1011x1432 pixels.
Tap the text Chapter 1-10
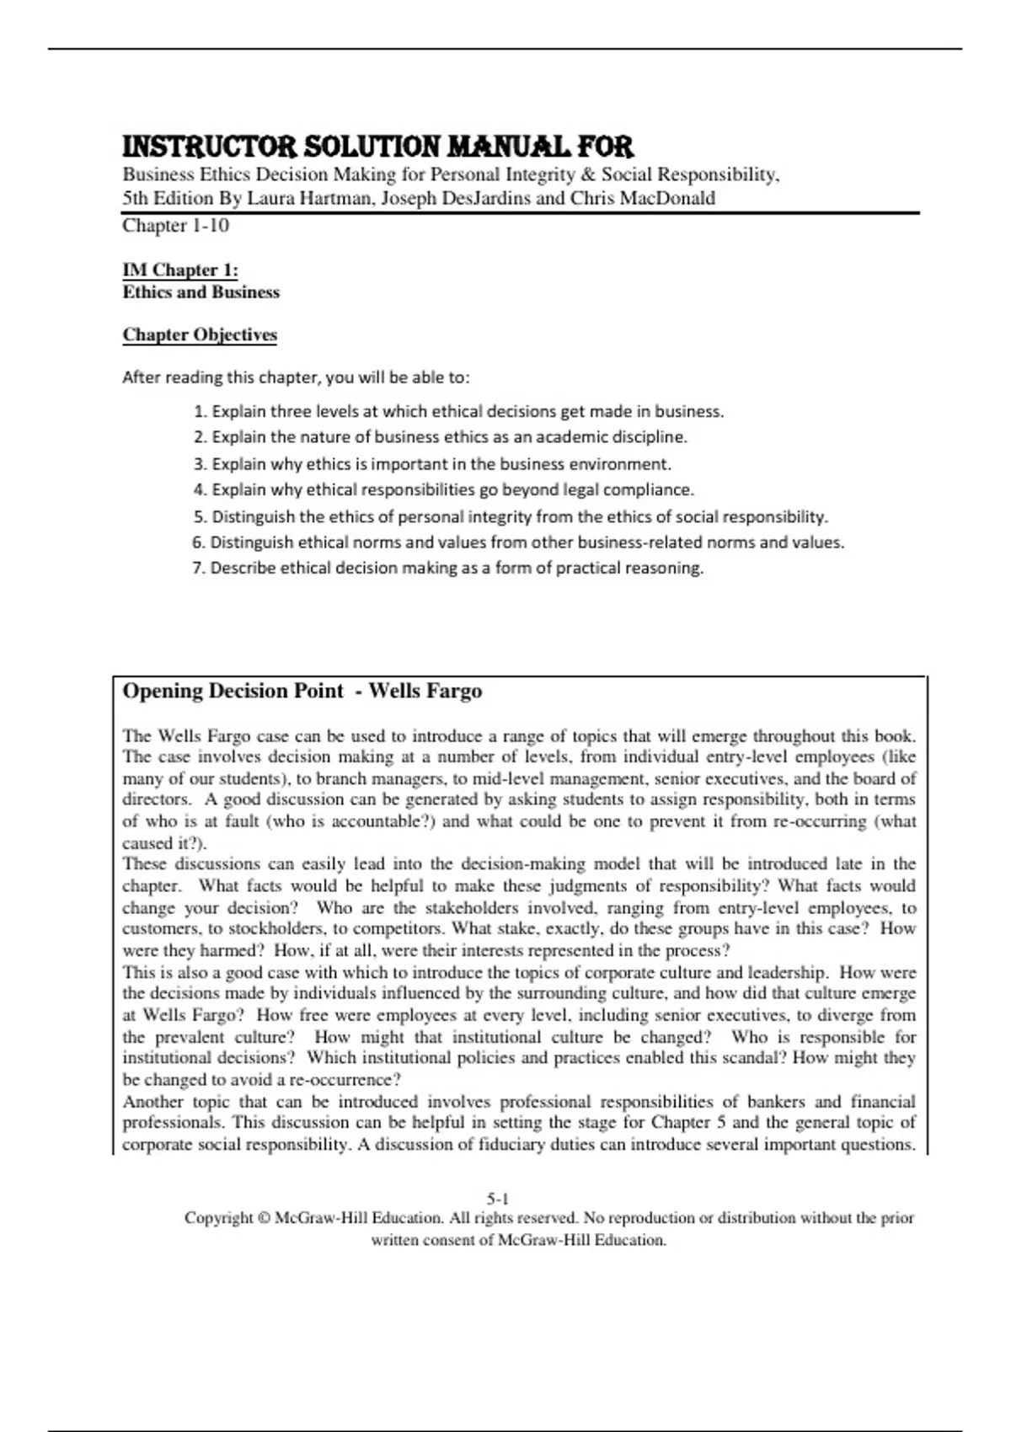[x=175, y=225]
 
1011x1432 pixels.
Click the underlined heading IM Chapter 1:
[x=180, y=270]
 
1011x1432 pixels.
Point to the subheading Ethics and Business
[x=201, y=292]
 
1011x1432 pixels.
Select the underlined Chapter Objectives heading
[x=200, y=334]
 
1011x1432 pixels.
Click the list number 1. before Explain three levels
[x=200, y=412]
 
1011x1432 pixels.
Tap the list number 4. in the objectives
[x=200, y=490]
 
